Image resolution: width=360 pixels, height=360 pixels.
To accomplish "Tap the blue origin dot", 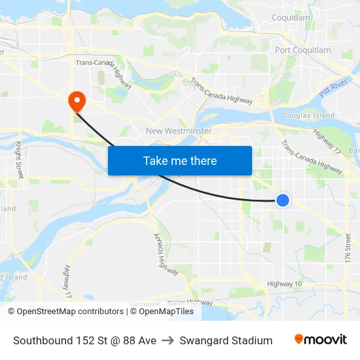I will click(282, 200).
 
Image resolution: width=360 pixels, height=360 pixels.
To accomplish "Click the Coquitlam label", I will click(291, 18).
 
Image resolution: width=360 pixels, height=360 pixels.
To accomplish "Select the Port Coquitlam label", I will click(303, 50).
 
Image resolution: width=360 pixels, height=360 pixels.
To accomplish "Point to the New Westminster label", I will click(179, 131).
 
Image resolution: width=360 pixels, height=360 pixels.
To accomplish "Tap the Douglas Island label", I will click(308, 115).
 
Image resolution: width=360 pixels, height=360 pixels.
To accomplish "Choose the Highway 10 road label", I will click(285, 283).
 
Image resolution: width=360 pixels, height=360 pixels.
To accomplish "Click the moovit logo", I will click(321, 340).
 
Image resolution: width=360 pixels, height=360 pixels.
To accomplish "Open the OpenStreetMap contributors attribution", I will click(69, 312).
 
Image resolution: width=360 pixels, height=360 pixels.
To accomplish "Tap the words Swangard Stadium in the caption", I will click(226, 340).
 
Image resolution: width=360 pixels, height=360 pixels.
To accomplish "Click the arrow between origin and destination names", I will click(168, 340).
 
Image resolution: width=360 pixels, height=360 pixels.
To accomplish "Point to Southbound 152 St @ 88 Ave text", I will click(84, 340).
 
